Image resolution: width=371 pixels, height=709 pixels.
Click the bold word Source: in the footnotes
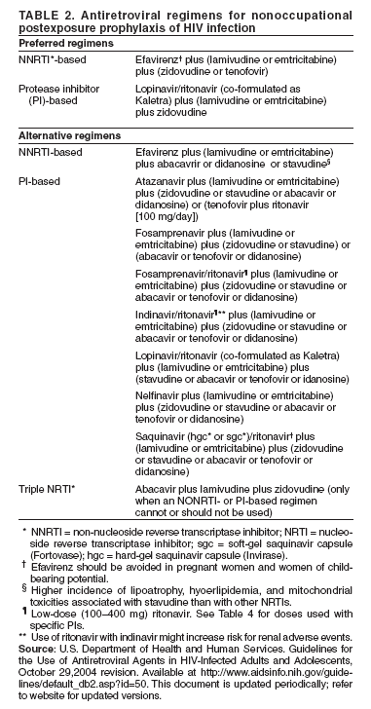point(35,646)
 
